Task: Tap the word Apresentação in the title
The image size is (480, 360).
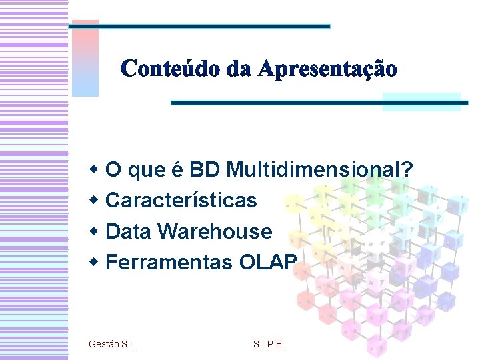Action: (x=327, y=69)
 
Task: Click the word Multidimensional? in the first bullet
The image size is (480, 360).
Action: (x=319, y=171)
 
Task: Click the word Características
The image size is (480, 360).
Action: (x=181, y=200)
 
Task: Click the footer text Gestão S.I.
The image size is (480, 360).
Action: (x=112, y=344)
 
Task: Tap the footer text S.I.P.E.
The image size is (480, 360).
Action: (x=269, y=344)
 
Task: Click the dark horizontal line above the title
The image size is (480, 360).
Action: (x=200, y=26)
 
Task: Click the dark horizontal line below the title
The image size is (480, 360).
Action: (x=320, y=103)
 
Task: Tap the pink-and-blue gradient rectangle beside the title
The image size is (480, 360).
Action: (x=85, y=59)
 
